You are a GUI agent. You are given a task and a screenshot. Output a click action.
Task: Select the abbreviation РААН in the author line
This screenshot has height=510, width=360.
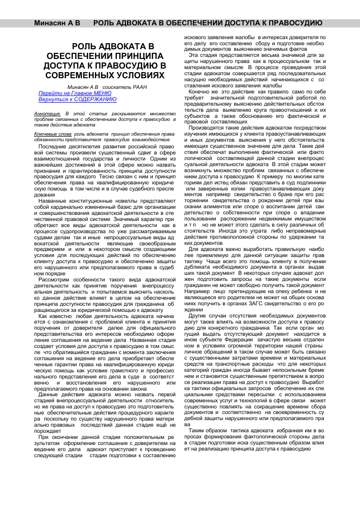(x=142, y=88)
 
